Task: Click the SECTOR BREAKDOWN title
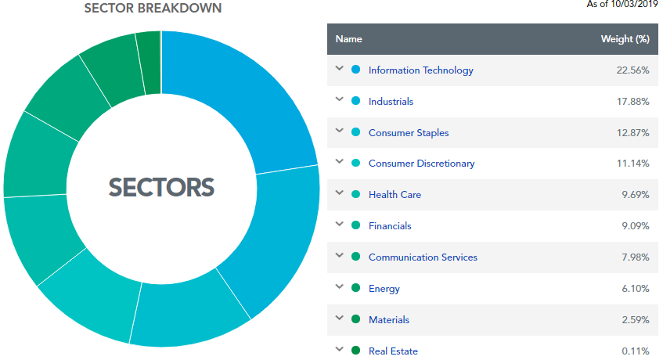coord(153,8)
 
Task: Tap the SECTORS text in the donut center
coord(161,187)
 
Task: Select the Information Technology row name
coord(420,70)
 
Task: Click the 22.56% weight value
coord(632,70)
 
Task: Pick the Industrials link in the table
coord(391,102)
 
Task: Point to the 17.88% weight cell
coord(632,102)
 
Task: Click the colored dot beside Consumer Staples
coord(356,132)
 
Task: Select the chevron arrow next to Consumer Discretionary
coord(339,162)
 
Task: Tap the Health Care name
coord(395,195)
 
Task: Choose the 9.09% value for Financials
coord(634,226)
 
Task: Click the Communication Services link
coord(423,257)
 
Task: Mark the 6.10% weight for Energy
coord(634,289)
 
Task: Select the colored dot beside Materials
coord(356,319)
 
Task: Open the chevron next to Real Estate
coord(339,349)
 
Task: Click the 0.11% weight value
coord(635,351)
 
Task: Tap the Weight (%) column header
coord(625,39)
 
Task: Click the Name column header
coord(348,39)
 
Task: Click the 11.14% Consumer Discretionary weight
coord(633,164)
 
